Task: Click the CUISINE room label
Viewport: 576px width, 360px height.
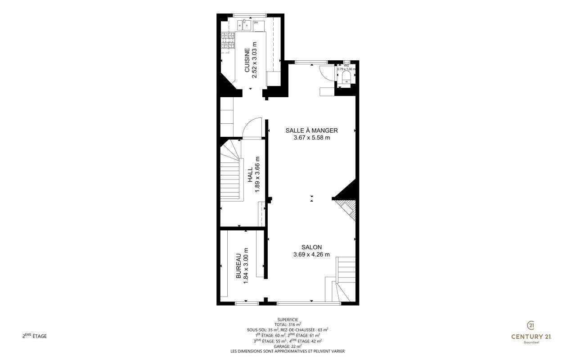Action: [247, 60]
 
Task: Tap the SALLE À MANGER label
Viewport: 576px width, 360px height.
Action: [312, 130]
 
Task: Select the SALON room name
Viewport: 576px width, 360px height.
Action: [312, 247]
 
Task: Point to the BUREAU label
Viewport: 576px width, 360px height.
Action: [238, 265]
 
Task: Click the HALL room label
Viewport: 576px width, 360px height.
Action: [250, 175]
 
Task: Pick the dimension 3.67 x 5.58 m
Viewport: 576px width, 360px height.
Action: [312, 138]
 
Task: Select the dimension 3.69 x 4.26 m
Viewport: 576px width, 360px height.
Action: [312, 255]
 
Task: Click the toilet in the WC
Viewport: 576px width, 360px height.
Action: [346, 77]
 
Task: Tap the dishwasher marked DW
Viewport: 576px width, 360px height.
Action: [259, 26]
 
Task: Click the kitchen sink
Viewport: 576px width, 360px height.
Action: [64, 25]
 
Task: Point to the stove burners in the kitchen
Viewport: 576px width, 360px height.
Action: [228, 40]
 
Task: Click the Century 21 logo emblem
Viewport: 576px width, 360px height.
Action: [531, 325]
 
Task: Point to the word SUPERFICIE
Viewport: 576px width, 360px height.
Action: [288, 320]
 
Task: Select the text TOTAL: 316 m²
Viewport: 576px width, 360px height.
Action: [288, 324]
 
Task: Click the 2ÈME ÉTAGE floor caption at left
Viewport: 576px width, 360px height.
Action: [35, 336]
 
